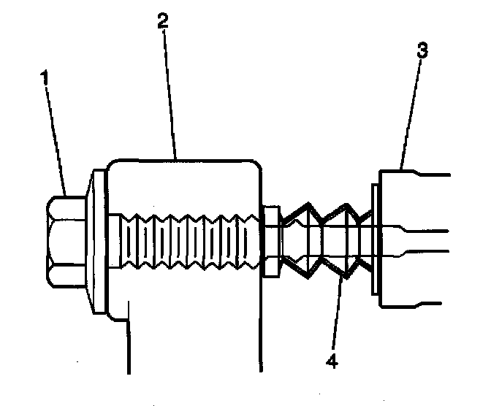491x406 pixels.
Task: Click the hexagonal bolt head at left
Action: point(67,241)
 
